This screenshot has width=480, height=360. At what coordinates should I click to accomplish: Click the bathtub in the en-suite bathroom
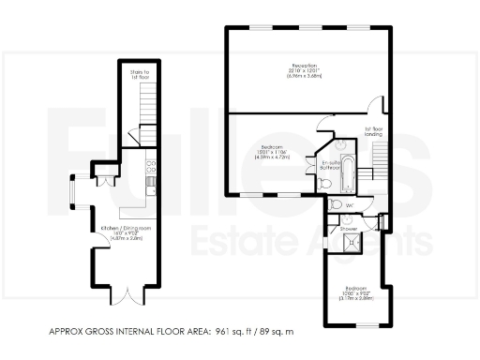pyautogui.click(x=349, y=175)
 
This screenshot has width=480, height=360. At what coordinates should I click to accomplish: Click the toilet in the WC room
pyautogui.click(x=337, y=203)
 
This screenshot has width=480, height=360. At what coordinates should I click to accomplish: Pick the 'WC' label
pyautogui.click(x=349, y=204)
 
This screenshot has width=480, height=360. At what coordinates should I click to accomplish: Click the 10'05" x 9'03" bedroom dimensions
pyautogui.click(x=357, y=294)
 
